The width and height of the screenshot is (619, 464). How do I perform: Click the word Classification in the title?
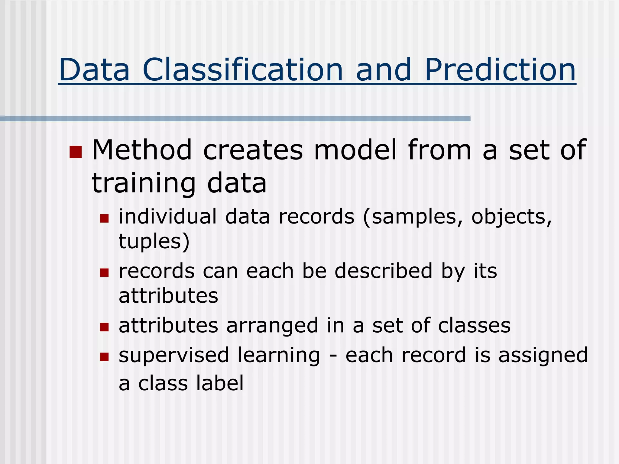(243, 70)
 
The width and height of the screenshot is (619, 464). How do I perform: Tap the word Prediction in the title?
(500, 70)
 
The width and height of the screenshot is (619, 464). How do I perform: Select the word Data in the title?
(94, 70)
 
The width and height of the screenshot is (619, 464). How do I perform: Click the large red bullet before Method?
(76, 152)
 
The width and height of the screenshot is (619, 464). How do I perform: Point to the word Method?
(142, 150)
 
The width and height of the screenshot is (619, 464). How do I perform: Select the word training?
(144, 184)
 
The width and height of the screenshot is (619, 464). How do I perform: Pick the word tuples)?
(154, 241)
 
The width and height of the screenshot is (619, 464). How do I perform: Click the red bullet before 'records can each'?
(104, 273)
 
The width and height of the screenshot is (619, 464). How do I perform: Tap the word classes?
(474, 326)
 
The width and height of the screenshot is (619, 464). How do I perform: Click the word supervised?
(174, 356)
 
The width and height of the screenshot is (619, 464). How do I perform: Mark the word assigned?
(543, 356)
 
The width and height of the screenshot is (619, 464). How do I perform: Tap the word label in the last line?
(220, 383)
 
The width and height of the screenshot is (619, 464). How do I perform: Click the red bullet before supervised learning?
(104, 357)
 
